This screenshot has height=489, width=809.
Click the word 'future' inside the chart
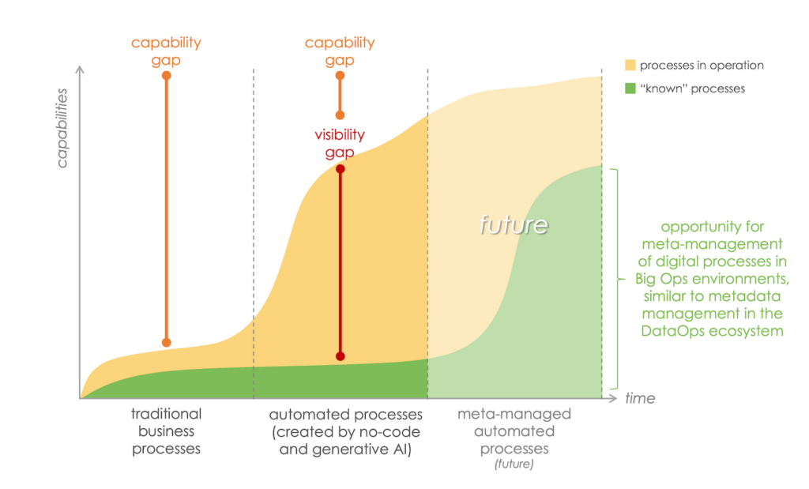point(514,224)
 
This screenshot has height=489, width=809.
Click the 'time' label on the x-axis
point(640,398)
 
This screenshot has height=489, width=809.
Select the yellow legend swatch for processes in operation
point(630,65)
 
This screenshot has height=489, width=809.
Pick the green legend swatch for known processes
point(630,88)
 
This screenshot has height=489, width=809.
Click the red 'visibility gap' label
point(340,143)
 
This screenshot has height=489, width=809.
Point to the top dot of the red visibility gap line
point(341,169)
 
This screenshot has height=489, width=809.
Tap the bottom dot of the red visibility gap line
point(341,356)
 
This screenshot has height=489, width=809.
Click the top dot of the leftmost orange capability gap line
point(166,75)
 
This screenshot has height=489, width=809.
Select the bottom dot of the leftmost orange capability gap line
point(166,342)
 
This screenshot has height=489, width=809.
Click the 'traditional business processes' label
point(166,431)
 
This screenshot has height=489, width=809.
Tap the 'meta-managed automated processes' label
point(514,431)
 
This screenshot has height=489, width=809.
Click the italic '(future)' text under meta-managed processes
point(514,464)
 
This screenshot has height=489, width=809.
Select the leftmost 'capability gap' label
point(166,51)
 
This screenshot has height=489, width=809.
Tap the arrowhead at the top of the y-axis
point(80,70)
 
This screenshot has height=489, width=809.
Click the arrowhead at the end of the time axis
point(616,398)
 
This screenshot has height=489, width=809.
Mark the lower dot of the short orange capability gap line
point(341,115)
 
